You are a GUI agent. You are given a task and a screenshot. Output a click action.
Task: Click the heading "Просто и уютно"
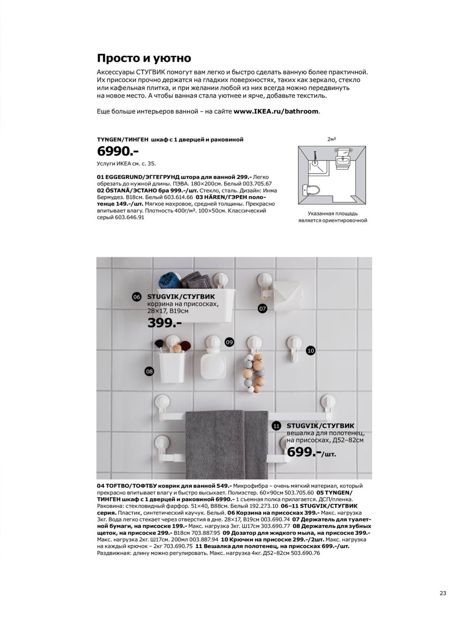coord(144,58)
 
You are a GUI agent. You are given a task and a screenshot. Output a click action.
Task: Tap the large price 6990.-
coord(118,151)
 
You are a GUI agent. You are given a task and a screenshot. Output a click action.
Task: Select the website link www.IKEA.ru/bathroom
coord(276,111)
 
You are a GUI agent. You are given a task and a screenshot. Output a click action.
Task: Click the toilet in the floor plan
coord(311,190)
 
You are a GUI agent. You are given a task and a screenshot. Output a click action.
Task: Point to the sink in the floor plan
coord(343,161)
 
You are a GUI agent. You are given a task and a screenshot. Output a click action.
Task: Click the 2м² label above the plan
coord(332,139)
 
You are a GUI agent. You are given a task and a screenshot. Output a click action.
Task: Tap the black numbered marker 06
coord(136,297)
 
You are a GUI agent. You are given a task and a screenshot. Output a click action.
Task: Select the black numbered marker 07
coord(262,309)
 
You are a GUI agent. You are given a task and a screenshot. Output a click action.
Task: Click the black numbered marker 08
coord(149,372)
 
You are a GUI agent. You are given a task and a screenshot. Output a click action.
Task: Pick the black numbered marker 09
coord(229,342)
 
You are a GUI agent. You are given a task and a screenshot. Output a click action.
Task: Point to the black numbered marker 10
coord(310,350)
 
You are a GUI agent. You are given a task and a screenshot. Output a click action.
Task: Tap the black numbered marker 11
coord(276,426)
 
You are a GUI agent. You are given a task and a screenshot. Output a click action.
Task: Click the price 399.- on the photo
coord(165,323)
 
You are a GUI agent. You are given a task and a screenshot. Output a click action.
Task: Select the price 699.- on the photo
coord(304,452)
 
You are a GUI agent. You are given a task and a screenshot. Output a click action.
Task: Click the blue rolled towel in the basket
coord(170,280)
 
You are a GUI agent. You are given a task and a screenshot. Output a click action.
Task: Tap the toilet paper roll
coord(287,296)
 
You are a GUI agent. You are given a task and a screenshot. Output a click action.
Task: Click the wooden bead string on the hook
coord(255,373)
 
